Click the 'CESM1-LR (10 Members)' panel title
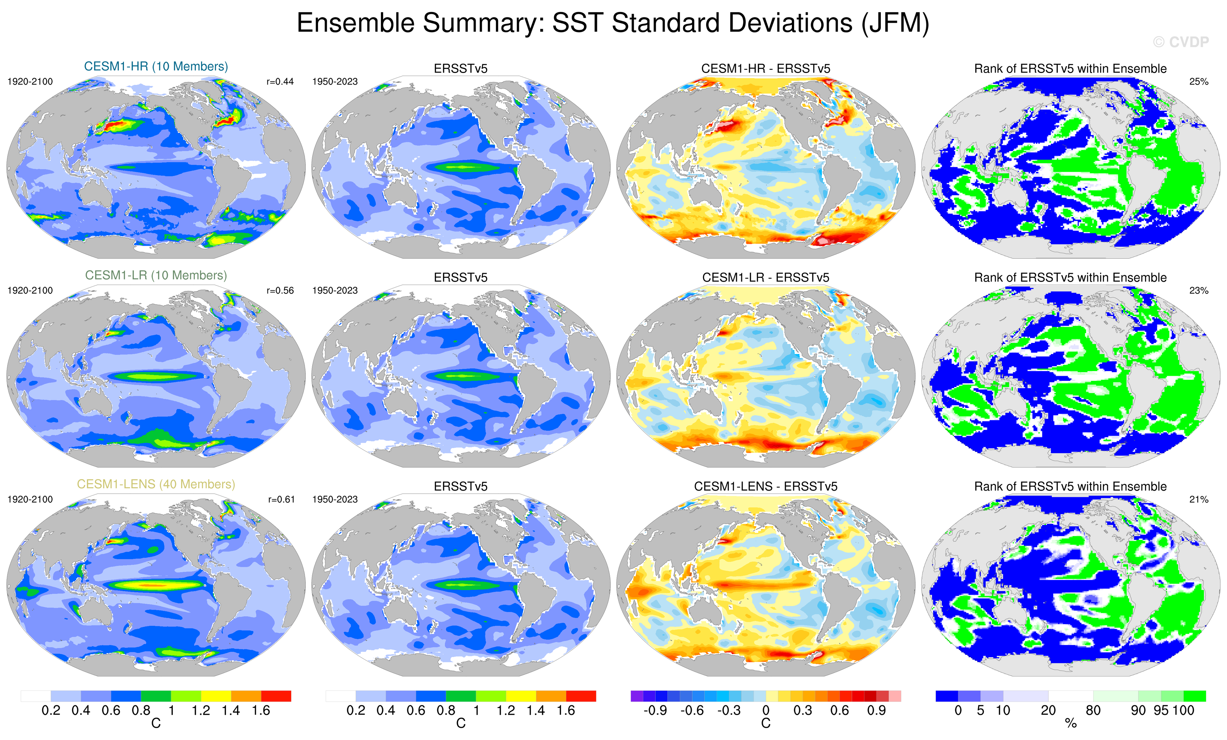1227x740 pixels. pyautogui.click(x=156, y=275)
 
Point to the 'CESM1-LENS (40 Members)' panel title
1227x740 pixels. pyautogui.click(x=156, y=484)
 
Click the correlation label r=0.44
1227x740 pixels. pyautogui.click(x=280, y=82)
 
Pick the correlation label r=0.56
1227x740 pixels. pyautogui.click(x=280, y=290)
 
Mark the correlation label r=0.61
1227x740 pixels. pyautogui.click(x=281, y=499)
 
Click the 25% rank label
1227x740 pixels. pyautogui.click(x=1198, y=82)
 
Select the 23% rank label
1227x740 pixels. pyautogui.click(x=1198, y=290)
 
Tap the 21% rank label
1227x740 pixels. pyautogui.click(x=1198, y=499)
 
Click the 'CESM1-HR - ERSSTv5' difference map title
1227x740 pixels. pyautogui.click(x=765, y=69)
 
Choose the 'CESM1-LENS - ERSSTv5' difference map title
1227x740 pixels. pyautogui.click(x=765, y=486)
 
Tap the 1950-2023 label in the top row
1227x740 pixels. pyautogui.click(x=335, y=82)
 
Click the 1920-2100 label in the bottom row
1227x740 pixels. pyautogui.click(x=30, y=499)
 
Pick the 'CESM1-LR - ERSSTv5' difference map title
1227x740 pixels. pyautogui.click(x=765, y=278)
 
